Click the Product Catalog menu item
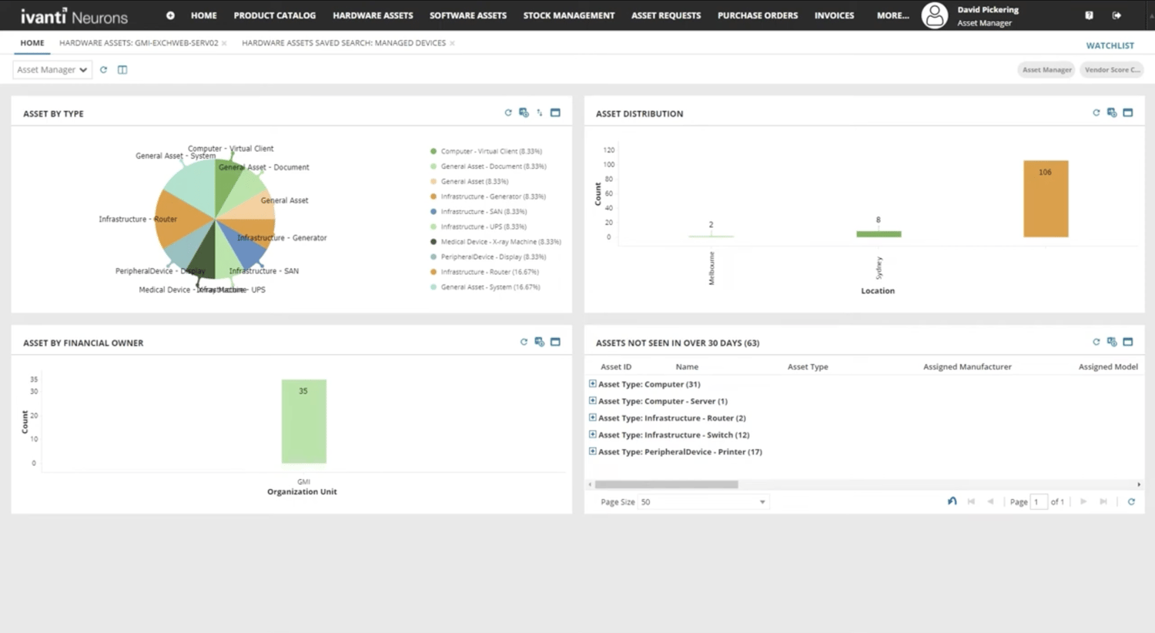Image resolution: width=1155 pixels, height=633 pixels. tap(274, 15)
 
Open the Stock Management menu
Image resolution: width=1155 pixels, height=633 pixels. tap(568, 15)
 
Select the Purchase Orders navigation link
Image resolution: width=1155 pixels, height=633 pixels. tap(757, 15)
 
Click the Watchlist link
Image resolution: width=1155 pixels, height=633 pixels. tap(1110, 45)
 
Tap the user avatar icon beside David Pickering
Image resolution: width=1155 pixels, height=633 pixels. tap(934, 15)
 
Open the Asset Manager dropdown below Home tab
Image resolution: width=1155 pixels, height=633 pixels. tap(52, 70)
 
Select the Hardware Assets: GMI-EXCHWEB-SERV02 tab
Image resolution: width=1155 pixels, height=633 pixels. tap(139, 43)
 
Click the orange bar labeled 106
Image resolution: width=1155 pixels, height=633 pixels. tap(1045, 199)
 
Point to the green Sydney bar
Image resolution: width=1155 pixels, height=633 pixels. tap(879, 234)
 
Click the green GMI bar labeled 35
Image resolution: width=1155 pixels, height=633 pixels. tap(303, 421)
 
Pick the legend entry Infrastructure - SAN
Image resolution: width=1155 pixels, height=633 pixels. tap(483, 212)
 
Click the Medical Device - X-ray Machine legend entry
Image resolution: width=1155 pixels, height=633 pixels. tap(500, 242)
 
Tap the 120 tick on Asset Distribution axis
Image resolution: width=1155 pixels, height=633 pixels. tap(608, 150)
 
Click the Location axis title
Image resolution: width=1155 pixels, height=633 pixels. tap(877, 291)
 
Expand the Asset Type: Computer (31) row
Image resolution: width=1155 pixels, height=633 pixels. tap(592, 383)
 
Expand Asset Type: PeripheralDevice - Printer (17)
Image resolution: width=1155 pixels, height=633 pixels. tap(592, 451)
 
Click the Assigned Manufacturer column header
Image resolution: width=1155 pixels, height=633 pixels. tap(967, 367)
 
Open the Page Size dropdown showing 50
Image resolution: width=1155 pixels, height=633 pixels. tap(703, 502)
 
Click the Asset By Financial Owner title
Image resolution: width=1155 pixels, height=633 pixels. tap(83, 343)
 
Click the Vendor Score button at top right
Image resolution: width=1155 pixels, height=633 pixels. tap(1111, 70)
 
